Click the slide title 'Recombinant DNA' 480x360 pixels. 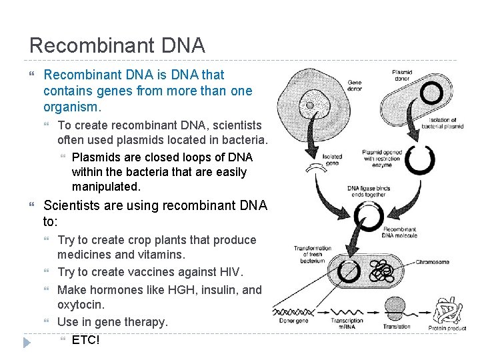117,45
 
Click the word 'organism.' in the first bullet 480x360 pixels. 72,107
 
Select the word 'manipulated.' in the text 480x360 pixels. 106,187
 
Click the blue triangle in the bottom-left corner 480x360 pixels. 26,343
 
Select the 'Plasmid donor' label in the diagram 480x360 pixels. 402,74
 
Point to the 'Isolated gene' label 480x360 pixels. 332,160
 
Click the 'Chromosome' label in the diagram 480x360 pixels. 431,262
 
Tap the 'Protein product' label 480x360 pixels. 447,327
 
